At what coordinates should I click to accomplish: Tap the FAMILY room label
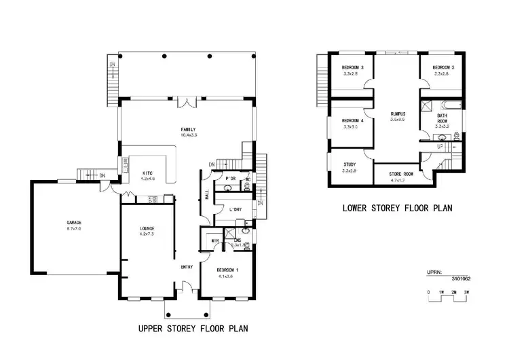187,129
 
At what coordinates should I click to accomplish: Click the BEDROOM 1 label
227,270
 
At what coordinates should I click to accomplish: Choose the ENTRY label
187,266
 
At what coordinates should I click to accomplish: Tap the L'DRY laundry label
235,209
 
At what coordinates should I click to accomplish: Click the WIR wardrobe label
215,240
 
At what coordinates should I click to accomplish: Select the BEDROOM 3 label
353,67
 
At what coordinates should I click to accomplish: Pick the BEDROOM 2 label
443,67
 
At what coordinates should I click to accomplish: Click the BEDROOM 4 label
353,120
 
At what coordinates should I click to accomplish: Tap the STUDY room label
350,164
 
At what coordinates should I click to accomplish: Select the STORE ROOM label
402,174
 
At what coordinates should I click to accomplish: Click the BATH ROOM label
442,120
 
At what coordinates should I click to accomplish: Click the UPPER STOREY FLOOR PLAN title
193,328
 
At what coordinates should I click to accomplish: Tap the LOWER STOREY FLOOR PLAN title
397,208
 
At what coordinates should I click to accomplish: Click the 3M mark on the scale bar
466,292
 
